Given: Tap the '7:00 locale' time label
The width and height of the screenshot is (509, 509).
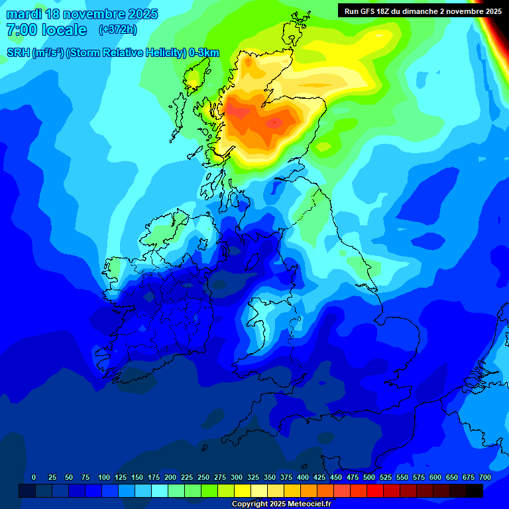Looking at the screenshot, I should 46,30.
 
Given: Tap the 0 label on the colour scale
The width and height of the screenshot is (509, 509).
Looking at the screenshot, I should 34,478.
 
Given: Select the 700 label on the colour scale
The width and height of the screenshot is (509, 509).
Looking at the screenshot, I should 484,478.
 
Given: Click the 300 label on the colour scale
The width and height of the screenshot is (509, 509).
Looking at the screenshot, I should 237,478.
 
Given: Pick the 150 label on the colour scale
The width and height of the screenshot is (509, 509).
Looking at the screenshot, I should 137,478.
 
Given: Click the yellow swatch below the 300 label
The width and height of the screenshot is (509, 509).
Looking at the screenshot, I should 243,491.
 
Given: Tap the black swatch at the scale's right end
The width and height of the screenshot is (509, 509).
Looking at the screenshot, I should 475,491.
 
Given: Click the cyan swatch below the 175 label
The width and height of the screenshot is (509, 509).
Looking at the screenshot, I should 160,491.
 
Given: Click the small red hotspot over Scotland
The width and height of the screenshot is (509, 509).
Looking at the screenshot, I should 274,123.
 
